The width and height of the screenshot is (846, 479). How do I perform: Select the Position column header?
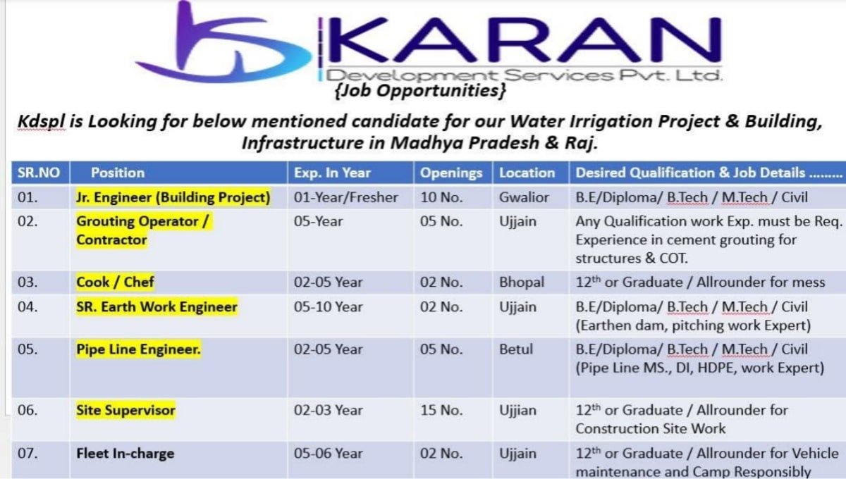pyautogui.click(x=118, y=173)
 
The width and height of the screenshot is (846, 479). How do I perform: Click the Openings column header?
pyautogui.click(x=451, y=173)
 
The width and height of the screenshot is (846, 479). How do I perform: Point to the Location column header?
pyautogui.click(x=527, y=173)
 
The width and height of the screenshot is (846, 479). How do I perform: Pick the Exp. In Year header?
pyautogui.click(x=332, y=173)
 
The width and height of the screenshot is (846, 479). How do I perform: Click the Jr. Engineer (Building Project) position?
pyautogui.click(x=173, y=197)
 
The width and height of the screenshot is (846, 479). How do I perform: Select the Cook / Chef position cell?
pyautogui.click(x=115, y=282)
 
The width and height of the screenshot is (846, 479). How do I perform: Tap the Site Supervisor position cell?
pyautogui.click(x=125, y=410)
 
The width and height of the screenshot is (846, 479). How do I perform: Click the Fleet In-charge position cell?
pyautogui.click(x=125, y=454)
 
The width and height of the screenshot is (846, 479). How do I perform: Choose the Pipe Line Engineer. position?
pyautogui.click(x=138, y=349)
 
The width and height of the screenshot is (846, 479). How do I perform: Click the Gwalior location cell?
pyautogui.click(x=524, y=197)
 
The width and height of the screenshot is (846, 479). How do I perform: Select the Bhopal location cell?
pyautogui.click(x=522, y=282)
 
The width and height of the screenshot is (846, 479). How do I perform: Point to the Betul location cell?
pyautogui.click(x=516, y=349)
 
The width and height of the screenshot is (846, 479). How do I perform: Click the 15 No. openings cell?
pyautogui.click(x=442, y=410)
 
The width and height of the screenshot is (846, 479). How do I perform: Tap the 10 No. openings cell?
pyautogui.click(x=442, y=197)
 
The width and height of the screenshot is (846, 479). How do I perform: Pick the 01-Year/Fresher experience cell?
pyautogui.click(x=345, y=197)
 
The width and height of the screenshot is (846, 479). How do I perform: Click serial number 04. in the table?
pyautogui.click(x=27, y=307)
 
